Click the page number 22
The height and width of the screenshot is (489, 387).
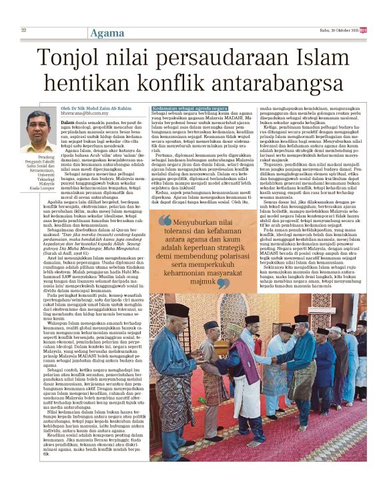(23, 30)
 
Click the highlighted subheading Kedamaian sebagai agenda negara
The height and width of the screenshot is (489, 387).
(190, 108)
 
